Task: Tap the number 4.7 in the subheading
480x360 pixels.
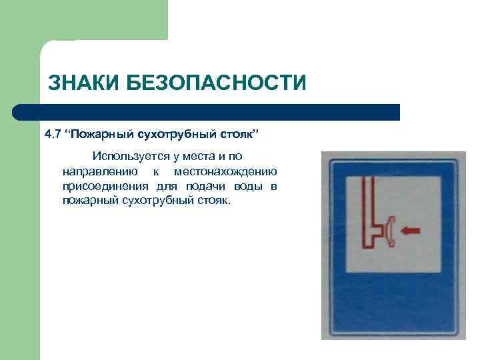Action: pos(52,135)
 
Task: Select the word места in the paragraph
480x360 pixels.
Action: pos(206,157)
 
